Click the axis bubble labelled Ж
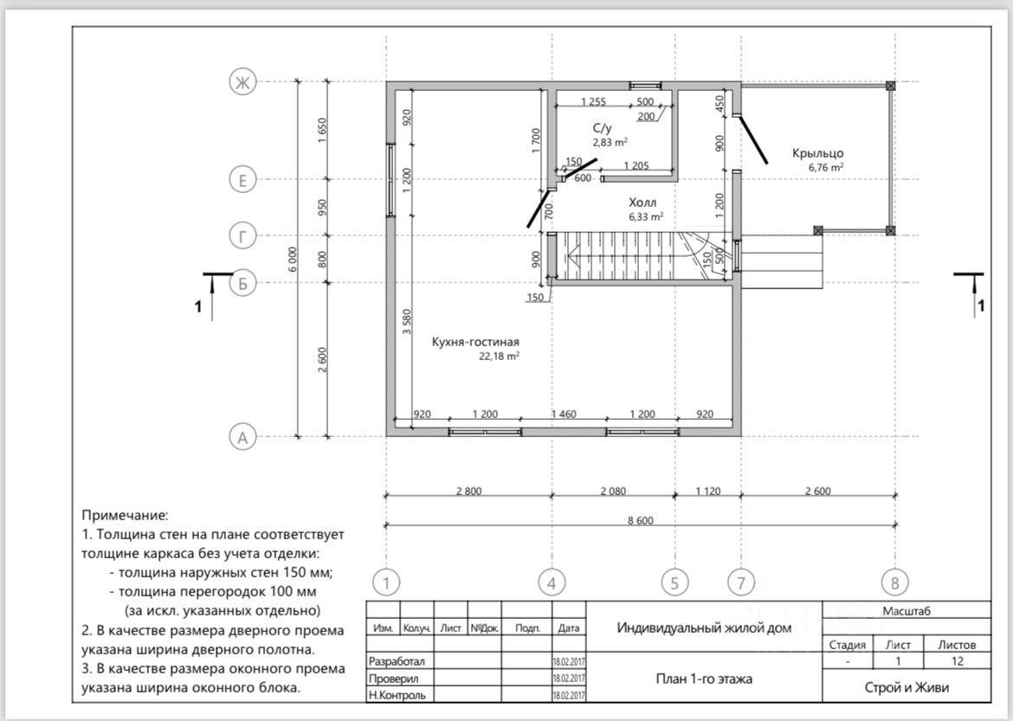pyautogui.click(x=242, y=82)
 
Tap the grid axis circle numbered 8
pyautogui.click(x=894, y=583)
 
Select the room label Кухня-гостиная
pyautogui.click(x=475, y=342)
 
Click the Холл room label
pyautogui.click(x=642, y=203)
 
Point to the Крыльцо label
pyautogui.click(x=818, y=153)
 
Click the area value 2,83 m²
pyautogui.click(x=610, y=142)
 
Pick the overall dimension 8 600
pyautogui.click(x=640, y=520)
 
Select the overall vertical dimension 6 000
pyautogui.click(x=293, y=259)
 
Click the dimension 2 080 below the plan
pyautogui.click(x=613, y=491)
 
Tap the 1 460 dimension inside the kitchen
pyautogui.click(x=564, y=414)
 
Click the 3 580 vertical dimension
pyautogui.click(x=406, y=322)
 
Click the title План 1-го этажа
pyautogui.click(x=704, y=679)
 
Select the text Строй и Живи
pyautogui.click(x=907, y=687)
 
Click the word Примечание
pyautogui.click(x=125, y=516)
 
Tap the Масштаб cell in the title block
pyautogui.click(x=907, y=610)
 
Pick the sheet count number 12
pyautogui.click(x=958, y=661)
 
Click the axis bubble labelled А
pyautogui.click(x=242, y=437)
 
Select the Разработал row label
pyautogui.click(x=397, y=661)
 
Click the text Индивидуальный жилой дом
pyautogui.click(x=704, y=628)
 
